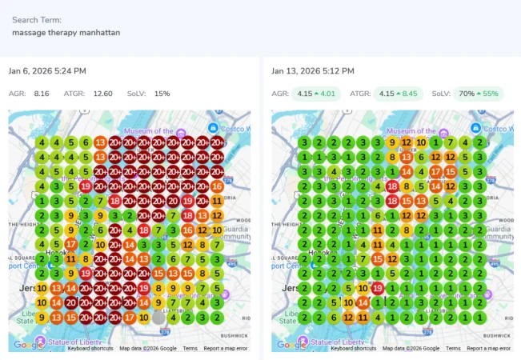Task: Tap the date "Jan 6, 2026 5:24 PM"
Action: tap(47, 71)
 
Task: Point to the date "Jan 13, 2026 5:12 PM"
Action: tap(313, 71)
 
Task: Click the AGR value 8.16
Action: tap(42, 94)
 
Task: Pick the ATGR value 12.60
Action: tap(102, 94)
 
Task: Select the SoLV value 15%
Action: tap(162, 94)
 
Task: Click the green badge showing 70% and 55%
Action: tap(479, 94)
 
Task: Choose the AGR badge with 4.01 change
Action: tap(315, 94)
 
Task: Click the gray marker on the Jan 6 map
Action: tap(158, 318)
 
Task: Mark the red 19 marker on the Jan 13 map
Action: tap(377, 287)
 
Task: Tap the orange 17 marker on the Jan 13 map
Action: tap(436, 171)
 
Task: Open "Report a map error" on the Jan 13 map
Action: tap(489, 349)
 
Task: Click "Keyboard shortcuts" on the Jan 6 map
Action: tap(90, 349)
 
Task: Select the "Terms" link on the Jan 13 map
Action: tap(453, 349)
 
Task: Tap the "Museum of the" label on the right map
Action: tap(412, 131)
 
